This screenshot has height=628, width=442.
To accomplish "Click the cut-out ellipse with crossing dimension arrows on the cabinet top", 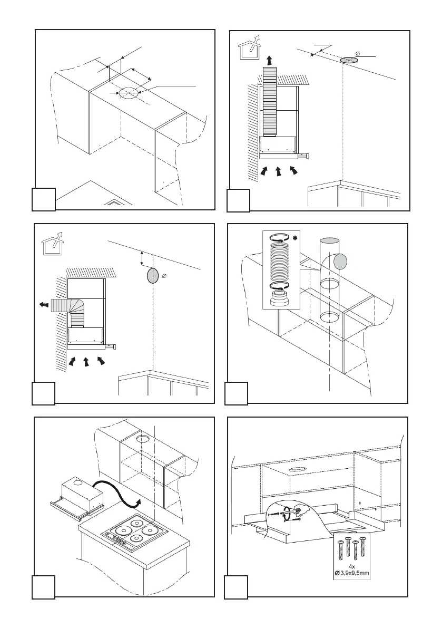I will [x=127, y=93].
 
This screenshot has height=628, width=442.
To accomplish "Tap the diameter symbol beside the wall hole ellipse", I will [x=165, y=277].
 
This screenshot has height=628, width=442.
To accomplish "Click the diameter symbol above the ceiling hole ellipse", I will [x=358, y=52].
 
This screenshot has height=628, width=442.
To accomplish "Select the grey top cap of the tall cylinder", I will [x=330, y=241].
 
